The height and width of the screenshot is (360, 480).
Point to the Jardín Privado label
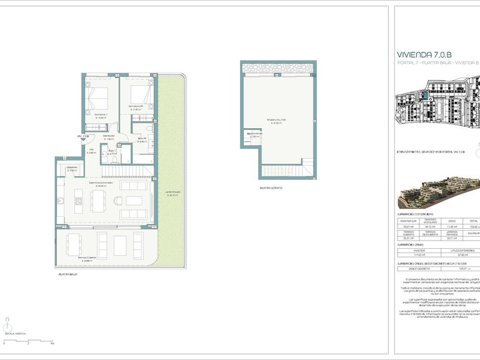pos(172,193)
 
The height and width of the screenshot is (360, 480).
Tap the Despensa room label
pos(71,167)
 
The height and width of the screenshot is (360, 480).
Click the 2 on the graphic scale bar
pos(28,344)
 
